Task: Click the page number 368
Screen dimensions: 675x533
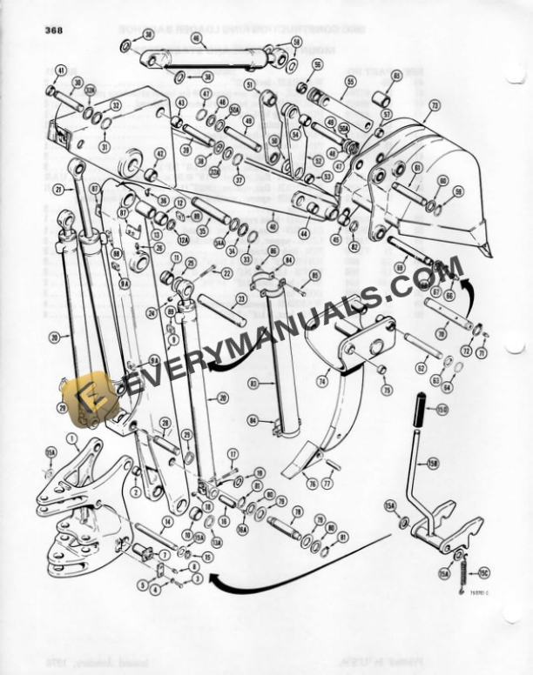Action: pos(54,30)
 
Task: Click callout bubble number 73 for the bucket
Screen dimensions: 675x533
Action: pos(434,104)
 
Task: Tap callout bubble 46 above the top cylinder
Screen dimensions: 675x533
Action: pos(197,38)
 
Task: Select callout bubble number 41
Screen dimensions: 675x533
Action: pos(60,70)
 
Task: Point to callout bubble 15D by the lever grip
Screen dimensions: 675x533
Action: pos(442,409)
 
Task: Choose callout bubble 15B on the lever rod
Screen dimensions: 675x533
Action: pos(433,464)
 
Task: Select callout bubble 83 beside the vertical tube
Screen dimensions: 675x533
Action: pos(253,382)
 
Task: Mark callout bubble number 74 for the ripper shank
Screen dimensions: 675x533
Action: pos(322,380)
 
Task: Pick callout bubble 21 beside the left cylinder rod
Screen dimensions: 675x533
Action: pos(58,189)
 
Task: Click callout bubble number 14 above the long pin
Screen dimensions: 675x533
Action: pos(167,521)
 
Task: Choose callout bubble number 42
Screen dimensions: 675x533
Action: pos(159,153)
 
